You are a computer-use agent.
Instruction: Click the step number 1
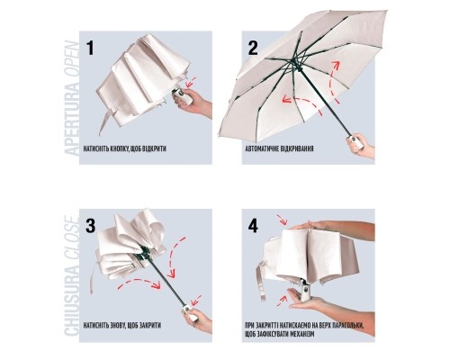(x=90, y=48)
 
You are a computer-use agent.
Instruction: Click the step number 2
(x=253, y=48)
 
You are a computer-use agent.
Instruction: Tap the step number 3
(x=90, y=226)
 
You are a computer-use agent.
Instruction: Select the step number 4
(x=253, y=226)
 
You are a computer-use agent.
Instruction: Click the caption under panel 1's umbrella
(x=125, y=148)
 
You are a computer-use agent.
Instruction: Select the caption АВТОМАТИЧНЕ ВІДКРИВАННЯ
(x=280, y=148)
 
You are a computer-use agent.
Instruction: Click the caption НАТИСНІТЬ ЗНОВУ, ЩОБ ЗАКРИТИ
(x=122, y=325)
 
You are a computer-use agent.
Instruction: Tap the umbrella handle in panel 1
(x=182, y=96)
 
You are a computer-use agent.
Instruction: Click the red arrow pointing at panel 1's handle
(x=191, y=82)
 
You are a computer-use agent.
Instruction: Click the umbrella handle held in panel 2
(x=355, y=142)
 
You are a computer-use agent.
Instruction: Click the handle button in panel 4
(x=306, y=291)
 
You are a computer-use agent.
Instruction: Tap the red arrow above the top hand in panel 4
(x=283, y=220)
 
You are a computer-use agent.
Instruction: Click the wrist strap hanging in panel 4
(x=261, y=281)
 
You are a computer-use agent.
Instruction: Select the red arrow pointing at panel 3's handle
(x=196, y=300)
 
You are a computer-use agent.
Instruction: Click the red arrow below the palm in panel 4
(x=281, y=301)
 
